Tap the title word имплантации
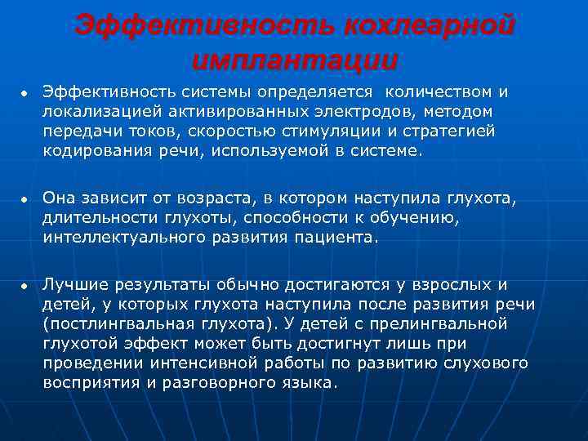[296, 61]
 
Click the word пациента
[340, 238]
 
